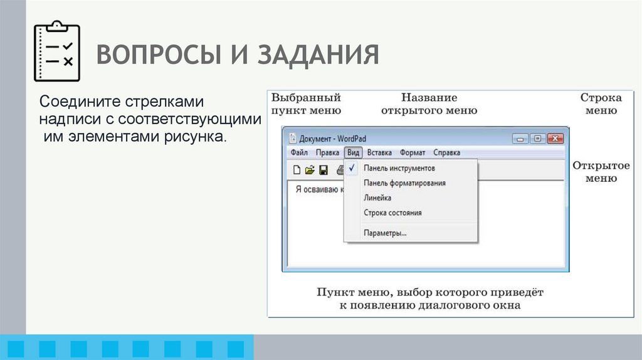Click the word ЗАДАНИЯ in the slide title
click(x=318, y=55)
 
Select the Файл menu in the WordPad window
click(x=299, y=152)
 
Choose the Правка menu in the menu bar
click(x=327, y=152)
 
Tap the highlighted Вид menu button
click(x=354, y=152)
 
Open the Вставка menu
click(x=379, y=152)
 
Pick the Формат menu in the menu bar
click(x=412, y=152)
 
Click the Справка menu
click(x=446, y=152)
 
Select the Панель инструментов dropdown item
click(x=399, y=168)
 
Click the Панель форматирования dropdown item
click(x=404, y=183)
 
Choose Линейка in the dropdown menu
click(x=377, y=198)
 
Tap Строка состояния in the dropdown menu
click(x=392, y=213)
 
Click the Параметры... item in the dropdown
click(x=385, y=233)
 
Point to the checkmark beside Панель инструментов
click(x=352, y=168)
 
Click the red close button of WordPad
click(x=555, y=139)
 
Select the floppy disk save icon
click(x=324, y=170)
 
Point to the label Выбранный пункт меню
click(x=306, y=104)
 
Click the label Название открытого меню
click(x=429, y=104)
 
